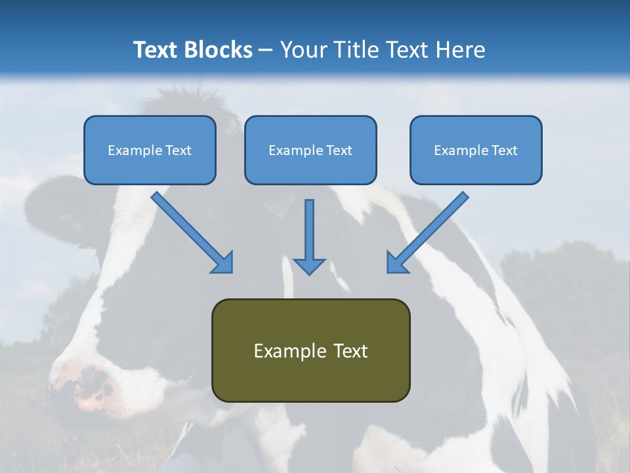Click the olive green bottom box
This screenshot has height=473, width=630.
(x=310, y=381)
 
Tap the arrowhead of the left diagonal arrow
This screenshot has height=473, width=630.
(x=223, y=263)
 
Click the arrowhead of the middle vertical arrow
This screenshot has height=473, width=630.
(x=309, y=265)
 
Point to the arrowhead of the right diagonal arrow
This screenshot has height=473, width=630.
(x=396, y=263)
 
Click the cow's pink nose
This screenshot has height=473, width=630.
(x=92, y=388)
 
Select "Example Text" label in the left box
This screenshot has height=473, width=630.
(x=150, y=150)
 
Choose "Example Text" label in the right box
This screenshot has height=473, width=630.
(x=476, y=150)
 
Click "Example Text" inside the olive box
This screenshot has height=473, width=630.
(x=310, y=351)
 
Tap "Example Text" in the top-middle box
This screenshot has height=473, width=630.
(x=310, y=150)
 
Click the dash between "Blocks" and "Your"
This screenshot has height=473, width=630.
(x=266, y=50)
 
